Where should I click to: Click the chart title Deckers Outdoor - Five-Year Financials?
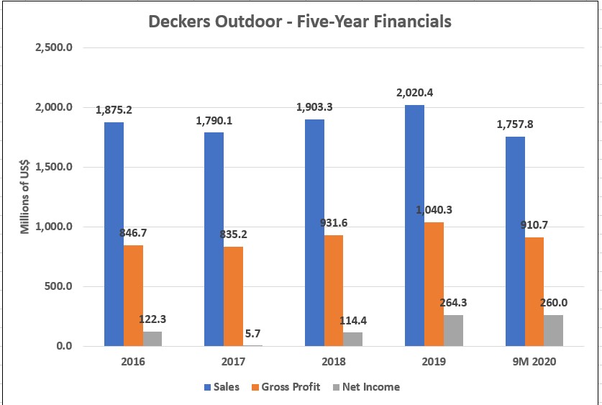[x=299, y=22]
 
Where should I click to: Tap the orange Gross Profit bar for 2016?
[x=133, y=296]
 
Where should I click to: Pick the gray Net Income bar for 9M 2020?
[x=553, y=331]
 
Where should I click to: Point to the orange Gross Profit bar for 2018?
[x=334, y=291]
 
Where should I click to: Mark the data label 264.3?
[x=454, y=303]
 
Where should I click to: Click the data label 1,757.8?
[x=514, y=124]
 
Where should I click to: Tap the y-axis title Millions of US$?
[x=25, y=196]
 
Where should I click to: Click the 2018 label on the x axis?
[x=334, y=362]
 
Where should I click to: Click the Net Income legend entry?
[x=365, y=387]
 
